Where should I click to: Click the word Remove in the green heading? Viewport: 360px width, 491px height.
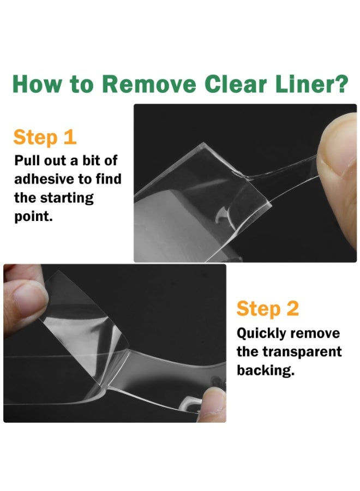pyautogui.click(x=149, y=85)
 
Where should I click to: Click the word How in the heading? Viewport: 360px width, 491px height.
pyautogui.click(x=37, y=85)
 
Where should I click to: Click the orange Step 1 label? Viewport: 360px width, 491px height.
pyautogui.click(x=45, y=137)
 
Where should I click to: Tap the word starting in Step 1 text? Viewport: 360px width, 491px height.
pyautogui.click(x=67, y=198)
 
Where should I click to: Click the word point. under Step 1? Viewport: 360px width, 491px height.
pyautogui.click(x=33, y=217)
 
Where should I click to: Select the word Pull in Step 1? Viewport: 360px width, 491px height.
pyautogui.click(x=27, y=160)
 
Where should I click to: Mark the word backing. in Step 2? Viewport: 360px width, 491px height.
pyautogui.click(x=266, y=370)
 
